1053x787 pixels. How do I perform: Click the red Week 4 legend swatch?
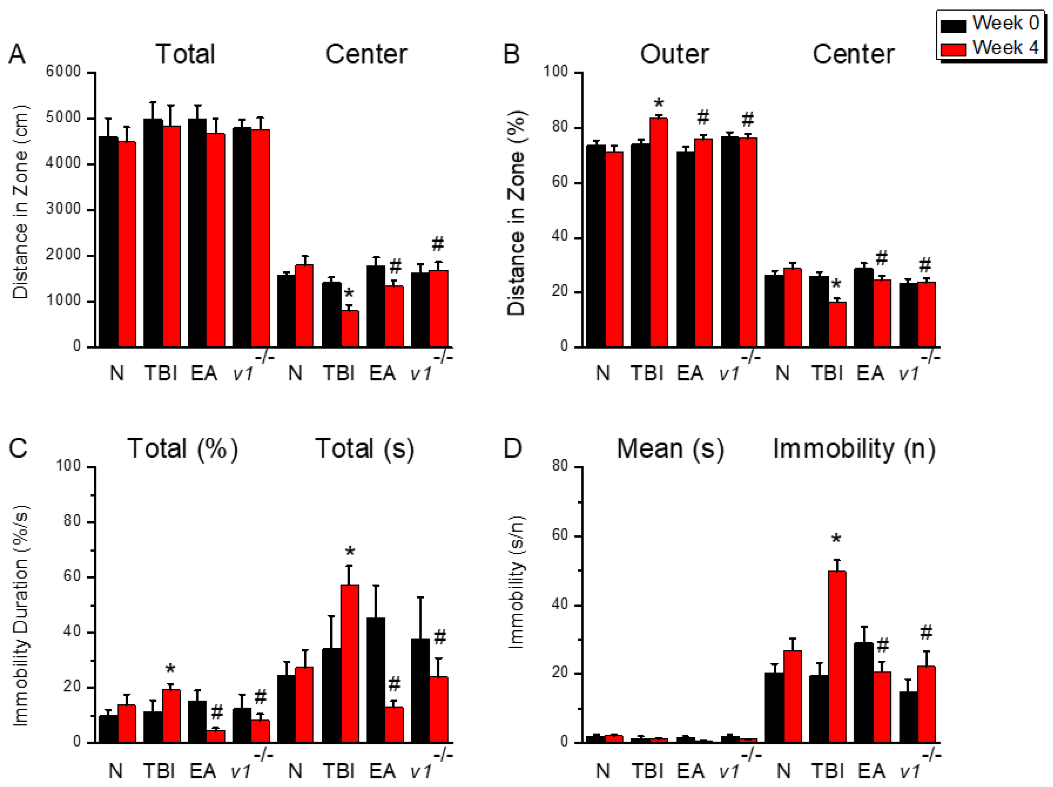point(953,49)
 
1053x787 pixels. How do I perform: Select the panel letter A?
point(17,54)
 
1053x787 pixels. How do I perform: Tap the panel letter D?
point(512,448)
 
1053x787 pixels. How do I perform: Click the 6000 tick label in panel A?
point(63,72)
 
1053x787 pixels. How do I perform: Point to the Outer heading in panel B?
point(674,54)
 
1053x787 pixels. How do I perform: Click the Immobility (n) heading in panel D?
point(854,448)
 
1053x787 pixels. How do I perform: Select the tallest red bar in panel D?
point(837,657)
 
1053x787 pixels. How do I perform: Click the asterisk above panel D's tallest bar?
point(836,539)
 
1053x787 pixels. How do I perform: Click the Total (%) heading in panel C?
point(182,448)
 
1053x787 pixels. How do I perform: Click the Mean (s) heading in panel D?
point(670,448)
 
